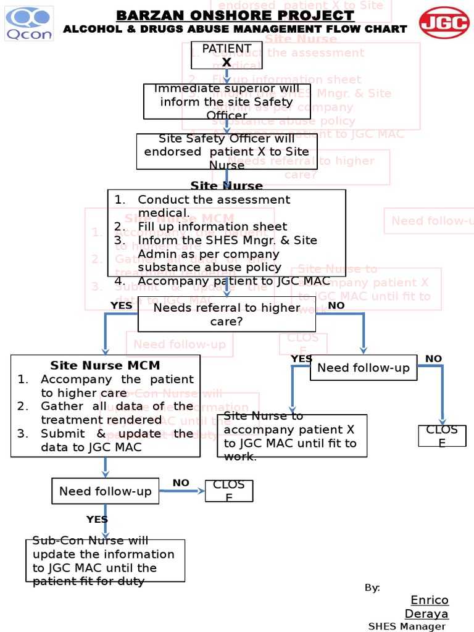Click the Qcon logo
(x=29, y=24)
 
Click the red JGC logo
(x=444, y=22)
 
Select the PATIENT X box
(x=227, y=55)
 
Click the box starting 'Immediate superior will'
(x=227, y=102)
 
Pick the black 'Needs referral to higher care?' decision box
(x=227, y=315)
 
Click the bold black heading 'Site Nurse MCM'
(x=105, y=365)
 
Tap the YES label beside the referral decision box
(x=121, y=305)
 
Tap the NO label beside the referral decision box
(x=336, y=305)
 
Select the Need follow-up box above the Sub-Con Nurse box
(x=105, y=491)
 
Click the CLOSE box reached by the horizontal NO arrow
(x=229, y=491)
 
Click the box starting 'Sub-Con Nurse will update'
(x=105, y=560)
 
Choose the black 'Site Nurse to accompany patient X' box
(x=292, y=436)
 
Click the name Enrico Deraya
(x=429, y=607)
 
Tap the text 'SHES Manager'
(x=406, y=626)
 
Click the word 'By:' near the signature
(x=372, y=588)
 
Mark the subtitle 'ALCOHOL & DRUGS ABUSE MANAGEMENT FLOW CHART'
(x=235, y=29)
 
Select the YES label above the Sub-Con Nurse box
(x=97, y=519)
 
